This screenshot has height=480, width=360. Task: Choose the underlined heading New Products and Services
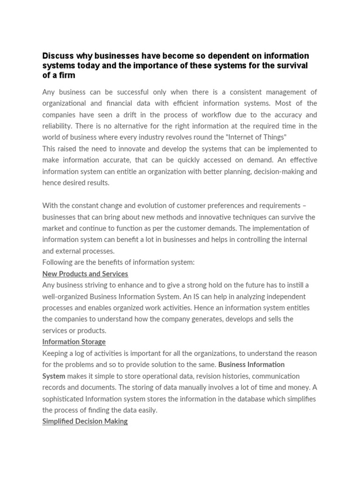point(85,274)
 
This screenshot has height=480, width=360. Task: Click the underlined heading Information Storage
point(74,342)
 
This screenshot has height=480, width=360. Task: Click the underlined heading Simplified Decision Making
point(85,421)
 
